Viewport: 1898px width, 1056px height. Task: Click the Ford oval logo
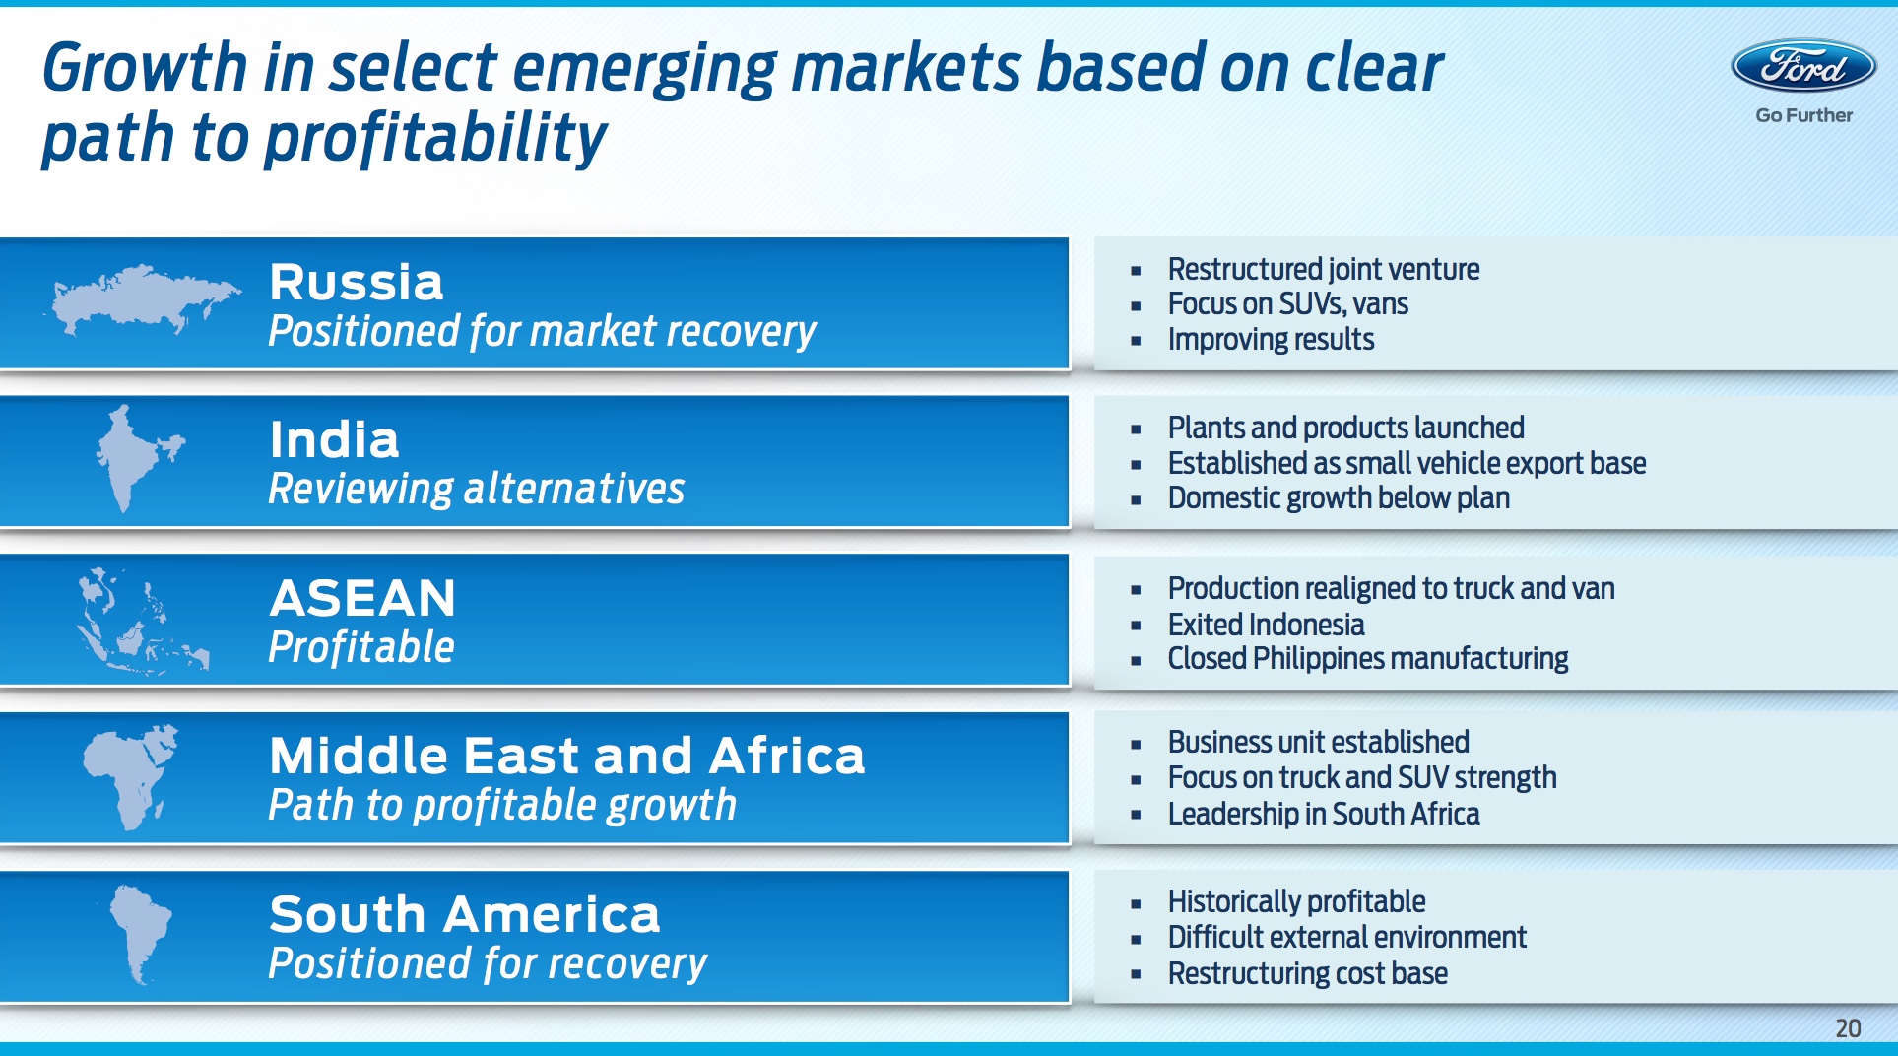coord(1803,66)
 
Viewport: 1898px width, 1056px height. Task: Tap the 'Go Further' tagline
coord(1803,115)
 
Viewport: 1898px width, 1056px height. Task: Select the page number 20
coord(1848,1028)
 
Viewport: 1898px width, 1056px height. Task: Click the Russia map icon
coord(143,298)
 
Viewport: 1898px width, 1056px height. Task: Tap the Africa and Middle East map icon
coord(131,777)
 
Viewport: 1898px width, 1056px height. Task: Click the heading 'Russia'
coord(357,283)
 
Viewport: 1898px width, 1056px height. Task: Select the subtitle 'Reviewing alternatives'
coord(477,489)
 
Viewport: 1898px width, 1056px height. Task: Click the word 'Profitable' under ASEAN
coord(361,647)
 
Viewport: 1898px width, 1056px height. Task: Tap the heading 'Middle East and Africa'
coord(567,757)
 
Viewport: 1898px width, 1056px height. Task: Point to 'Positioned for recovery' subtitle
coord(488,963)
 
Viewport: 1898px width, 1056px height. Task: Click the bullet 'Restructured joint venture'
coord(1324,269)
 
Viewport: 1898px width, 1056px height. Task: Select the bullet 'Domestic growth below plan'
coord(1339,497)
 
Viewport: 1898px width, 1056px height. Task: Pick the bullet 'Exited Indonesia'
coord(1266,624)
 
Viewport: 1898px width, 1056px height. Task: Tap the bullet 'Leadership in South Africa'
coord(1324,814)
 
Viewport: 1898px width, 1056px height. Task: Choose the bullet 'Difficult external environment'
coord(1347,937)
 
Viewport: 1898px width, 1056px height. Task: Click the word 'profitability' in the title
coord(435,138)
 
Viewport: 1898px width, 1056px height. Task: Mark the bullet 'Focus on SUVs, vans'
coord(1288,303)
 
